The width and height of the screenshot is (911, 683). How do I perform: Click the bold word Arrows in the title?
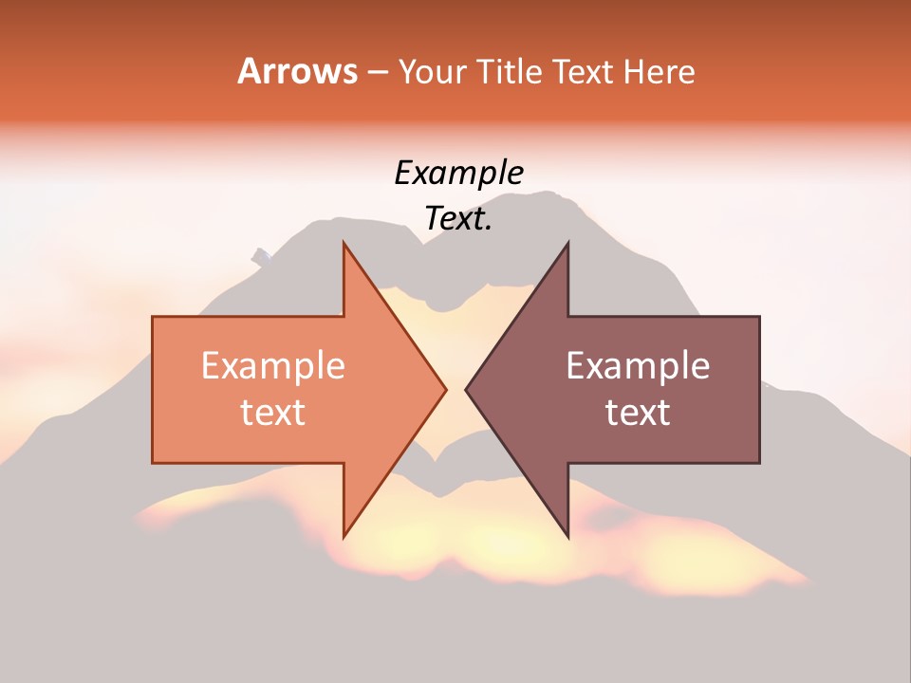tap(297, 71)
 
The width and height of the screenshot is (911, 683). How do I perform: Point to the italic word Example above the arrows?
tap(458, 174)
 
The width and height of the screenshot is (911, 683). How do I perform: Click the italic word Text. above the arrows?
tap(458, 219)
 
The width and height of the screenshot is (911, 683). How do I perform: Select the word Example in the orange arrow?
tap(272, 366)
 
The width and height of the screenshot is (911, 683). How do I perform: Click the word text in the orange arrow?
tap(272, 413)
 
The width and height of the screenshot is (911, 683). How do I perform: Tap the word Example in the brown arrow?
tap(638, 366)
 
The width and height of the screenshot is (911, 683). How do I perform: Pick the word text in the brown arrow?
tap(638, 413)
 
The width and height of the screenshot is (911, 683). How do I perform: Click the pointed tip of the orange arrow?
tap(446, 389)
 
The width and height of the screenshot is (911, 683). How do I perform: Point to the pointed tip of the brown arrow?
tap(466, 389)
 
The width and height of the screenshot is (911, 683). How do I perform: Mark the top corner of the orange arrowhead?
tap(344, 243)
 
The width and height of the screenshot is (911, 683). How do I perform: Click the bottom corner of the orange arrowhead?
tap(344, 537)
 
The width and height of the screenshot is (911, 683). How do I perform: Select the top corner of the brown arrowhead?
tap(567, 243)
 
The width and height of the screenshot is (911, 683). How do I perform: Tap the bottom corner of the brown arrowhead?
tap(567, 537)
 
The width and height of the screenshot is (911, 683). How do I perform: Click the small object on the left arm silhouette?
tap(262, 254)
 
